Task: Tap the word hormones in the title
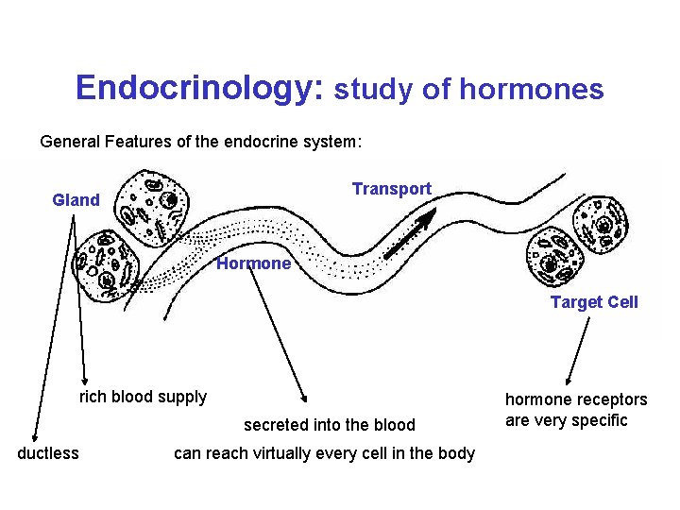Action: [x=531, y=90]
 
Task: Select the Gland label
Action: [x=76, y=199]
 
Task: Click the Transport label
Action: [x=391, y=189]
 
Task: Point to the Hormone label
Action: [x=253, y=263]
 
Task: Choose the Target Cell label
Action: [x=594, y=302]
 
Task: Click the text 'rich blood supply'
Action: [x=143, y=397]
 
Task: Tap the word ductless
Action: [x=48, y=453]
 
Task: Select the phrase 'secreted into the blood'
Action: [x=330, y=425]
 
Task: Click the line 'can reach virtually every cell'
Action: [x=324, y=453]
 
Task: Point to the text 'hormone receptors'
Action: [x=576, y=399]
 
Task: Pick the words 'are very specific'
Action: [x=567, y=420]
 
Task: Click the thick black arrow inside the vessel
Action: [x=410, y=233]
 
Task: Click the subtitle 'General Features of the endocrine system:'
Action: [x=200, y=142]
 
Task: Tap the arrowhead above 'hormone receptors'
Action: [x=568, y=378]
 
